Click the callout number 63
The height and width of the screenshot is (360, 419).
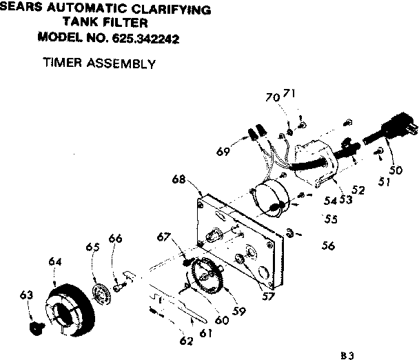click(26, 296)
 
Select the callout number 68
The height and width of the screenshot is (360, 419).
click(179, 180)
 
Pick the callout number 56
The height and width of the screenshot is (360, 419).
click(328, 245)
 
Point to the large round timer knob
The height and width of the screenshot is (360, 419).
click(70, 311)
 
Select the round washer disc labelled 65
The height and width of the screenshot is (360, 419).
click(104, 292)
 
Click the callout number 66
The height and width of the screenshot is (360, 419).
click(116, 239)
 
